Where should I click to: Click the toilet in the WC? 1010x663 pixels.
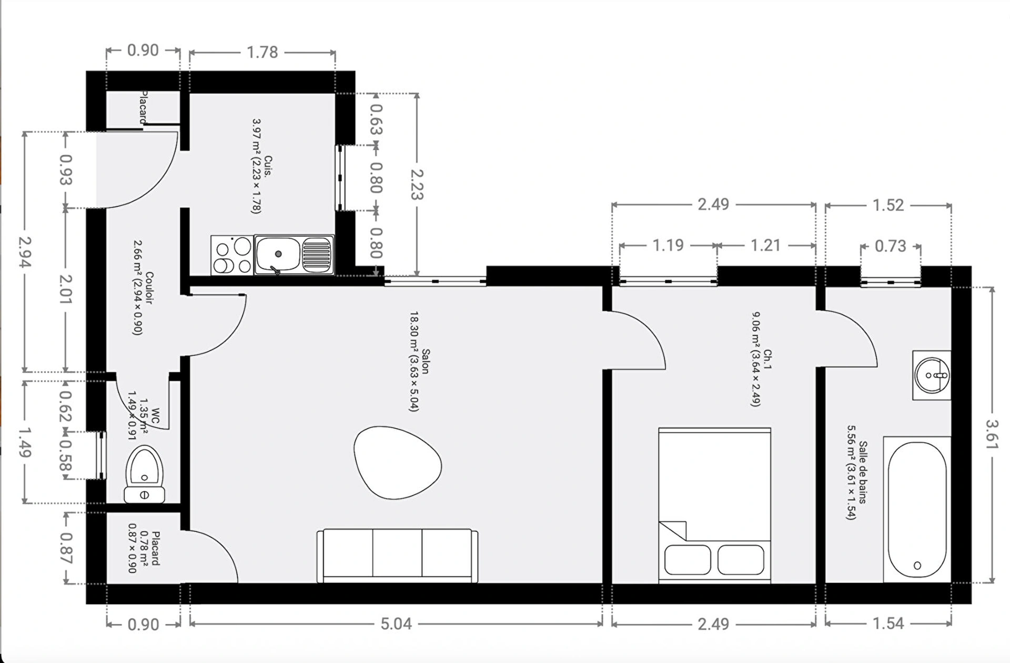pyautogui.click(x=144, y=474)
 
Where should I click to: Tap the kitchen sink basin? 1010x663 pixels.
pyautogui.click(x=278, y=254)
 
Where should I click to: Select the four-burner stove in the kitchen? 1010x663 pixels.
pyautogui.click(x=232, y=255)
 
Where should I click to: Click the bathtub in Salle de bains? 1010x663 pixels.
pyautogui.click(x=917, y=509)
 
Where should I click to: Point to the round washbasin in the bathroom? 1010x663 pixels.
pyautogui.click(x=932, y=375)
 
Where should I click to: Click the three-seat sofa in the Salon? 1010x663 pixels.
pyautogui.click(x=397, y=556)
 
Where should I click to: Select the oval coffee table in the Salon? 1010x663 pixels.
pyautogui.click(x=397, y=462)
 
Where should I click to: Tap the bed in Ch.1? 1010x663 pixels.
pyautogui.click(x=714, y=506)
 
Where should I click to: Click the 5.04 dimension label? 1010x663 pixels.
pyautogui.click(x=396, y=624)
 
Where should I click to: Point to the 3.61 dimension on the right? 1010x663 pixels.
pyautogui.click(x=991, y=434)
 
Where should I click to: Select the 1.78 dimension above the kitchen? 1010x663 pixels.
pyautogui.click(x=262, y=52)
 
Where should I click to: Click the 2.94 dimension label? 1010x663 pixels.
pyautogui.click(x=25, y=252)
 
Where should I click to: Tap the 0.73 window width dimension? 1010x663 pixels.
pyautogui.click(x=890, y=246)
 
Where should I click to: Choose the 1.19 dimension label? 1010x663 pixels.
pyautogui.click(x=668, y=245)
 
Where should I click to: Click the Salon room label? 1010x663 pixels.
pyautogui.click(x=426, y=361)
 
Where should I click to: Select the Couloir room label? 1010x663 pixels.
pyautogui.click(x=149, y=288)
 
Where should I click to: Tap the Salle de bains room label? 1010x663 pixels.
pyautogui.click(x=863, y=472)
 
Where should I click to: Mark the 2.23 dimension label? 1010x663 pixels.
pyautogui.click(x=417, y=184)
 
